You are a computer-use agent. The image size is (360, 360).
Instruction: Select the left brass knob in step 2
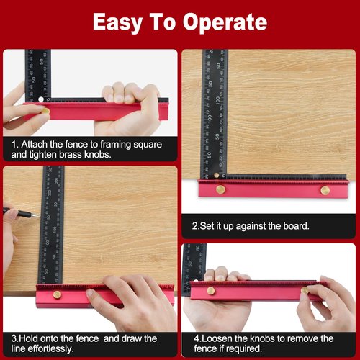coord(220,190)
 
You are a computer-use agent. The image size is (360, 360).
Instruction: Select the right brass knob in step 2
coord(325,190)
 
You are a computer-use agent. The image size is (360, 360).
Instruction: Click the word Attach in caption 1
coord(37,144)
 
